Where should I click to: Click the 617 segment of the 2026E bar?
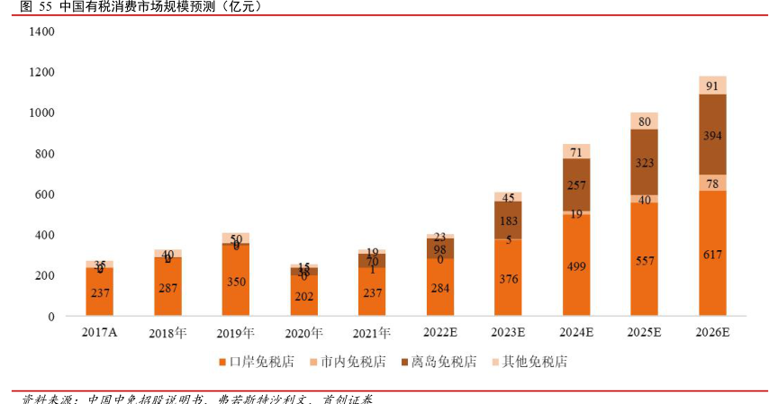pos(712,255)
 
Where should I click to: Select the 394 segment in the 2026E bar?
pos(712,135)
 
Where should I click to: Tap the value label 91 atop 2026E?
pos(712,86)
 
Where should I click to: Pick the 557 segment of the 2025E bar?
pos(644,260)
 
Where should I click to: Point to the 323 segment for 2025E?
pos(644,164)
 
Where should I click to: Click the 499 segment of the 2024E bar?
pos(576,266)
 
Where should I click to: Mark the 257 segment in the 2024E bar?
pos(576,184)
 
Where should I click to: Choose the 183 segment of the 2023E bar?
pos(509,220)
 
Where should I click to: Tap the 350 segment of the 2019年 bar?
pos(236,281)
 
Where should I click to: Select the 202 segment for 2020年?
pos(304,296)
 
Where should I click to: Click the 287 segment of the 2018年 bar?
pos(167,288)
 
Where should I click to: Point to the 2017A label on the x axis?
pos(100,332)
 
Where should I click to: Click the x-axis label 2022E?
pos(440,332)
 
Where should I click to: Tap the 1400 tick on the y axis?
pos(41,31)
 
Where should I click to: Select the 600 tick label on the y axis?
pos(44,194)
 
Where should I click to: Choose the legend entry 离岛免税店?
pos(439,362)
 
